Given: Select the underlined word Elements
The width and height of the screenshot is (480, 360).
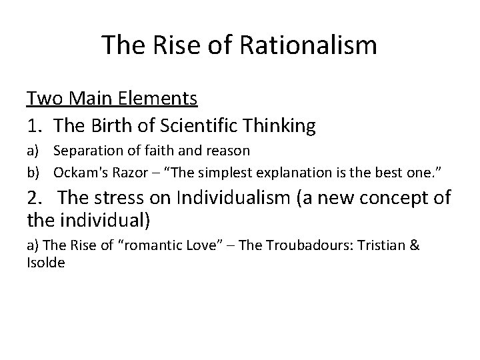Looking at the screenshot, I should click(160, 99).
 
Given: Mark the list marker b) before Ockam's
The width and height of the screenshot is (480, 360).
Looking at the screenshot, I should click(33, 172).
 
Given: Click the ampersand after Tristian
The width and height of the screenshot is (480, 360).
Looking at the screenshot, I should click(414, 245).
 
